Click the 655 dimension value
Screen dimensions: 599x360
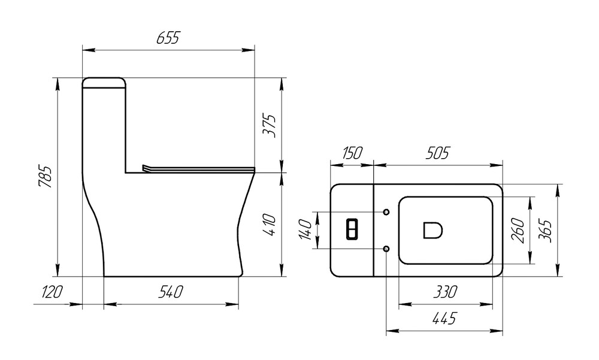click(x=168, y=38)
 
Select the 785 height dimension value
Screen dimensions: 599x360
click(x=45, y=177)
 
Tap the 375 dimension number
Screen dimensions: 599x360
click(x=269, y=126)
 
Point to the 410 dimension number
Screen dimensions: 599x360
click(x=269, y=225)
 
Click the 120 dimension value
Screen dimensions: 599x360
click(x=52, y=292)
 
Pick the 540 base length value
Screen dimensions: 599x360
click(x=171, y=292)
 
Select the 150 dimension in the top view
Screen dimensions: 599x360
click(x=352, y=153)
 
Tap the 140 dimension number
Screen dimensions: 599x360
click(x=305, y=230)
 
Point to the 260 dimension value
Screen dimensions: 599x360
click(x=518, y=230)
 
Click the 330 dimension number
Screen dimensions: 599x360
click(x=445, y=292)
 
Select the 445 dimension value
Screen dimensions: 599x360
click(x=444, y=318)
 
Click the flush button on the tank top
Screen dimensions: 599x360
click(x=352, y=229)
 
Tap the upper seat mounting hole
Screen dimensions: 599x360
click(x=386, y=212)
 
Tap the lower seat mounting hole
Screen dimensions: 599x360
click(x=386, y=249)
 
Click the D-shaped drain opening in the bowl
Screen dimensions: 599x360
click(x=433, y=231)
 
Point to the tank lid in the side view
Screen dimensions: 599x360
click(x=104, y=83)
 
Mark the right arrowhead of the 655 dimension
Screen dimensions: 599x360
click(x=249, y=50)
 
